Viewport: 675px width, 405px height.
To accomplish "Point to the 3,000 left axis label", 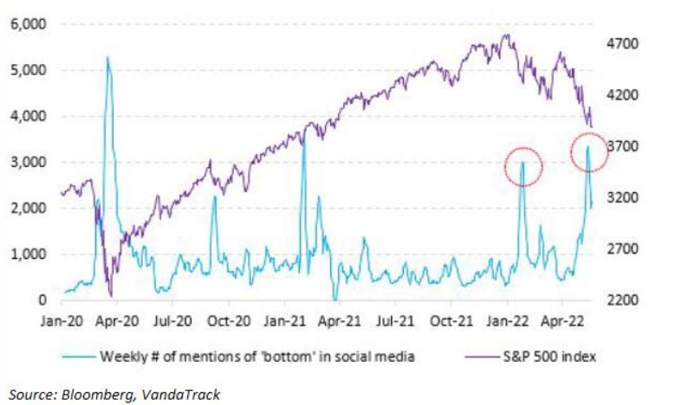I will tap(29, 162).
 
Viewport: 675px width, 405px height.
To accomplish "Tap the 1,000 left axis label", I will tap(29, 254).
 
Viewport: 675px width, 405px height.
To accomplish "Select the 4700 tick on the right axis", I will tap(622, 43).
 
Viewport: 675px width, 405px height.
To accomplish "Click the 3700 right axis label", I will tap(622, 146).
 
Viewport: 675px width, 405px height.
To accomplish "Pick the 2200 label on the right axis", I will tap(622, 300).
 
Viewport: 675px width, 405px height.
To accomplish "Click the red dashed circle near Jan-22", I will tap(523, 167).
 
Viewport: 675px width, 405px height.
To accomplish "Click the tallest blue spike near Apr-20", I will tap(107, 59).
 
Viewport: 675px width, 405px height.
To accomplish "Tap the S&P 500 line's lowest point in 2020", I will tap(110, 297).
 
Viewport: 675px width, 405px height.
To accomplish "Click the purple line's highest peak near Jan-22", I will tap(507, 35).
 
